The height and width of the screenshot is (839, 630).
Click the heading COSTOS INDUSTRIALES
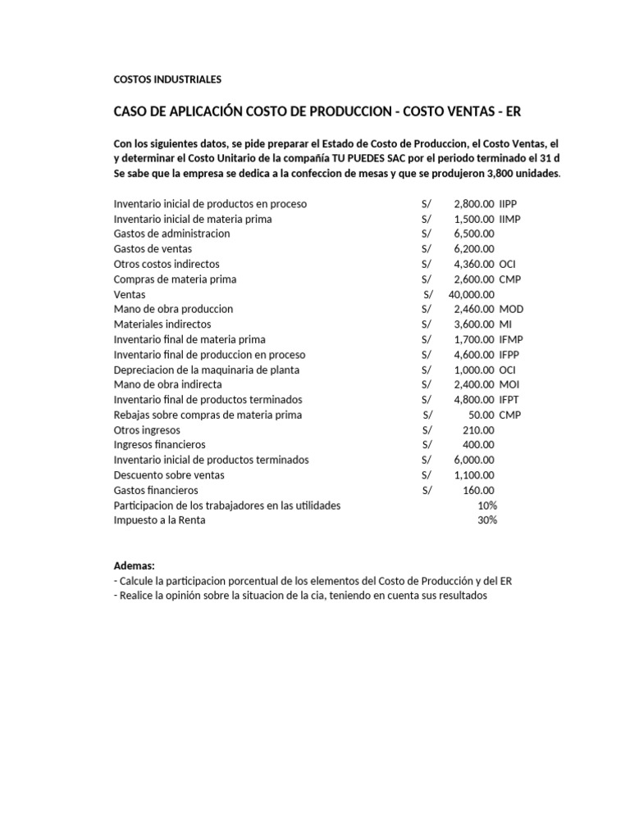pos(167,79)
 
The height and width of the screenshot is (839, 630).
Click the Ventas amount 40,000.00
pos(472,294)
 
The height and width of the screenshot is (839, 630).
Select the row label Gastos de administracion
pos(171,234)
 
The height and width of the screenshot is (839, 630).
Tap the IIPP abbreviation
pos(509,203)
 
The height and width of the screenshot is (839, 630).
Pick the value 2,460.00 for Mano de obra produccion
pos(473,309)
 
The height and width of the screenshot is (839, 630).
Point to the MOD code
pos(510,309)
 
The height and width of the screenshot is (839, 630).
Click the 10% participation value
pos(486,506)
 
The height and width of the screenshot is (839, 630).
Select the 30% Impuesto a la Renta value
pos(486,520)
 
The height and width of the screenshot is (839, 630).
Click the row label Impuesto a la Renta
pos(159,520)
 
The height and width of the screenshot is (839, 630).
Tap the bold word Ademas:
pos(134,566)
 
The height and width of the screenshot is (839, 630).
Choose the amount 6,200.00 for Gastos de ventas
pos(473,248)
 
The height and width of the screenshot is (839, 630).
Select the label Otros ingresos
pos(147,430)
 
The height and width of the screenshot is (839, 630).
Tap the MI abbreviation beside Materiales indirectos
pos(504,324)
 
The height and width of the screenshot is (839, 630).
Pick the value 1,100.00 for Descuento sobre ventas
pos(473,475)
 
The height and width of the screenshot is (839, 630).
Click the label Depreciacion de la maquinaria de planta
pos(206,370)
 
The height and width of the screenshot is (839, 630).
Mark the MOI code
pos(509,384)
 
